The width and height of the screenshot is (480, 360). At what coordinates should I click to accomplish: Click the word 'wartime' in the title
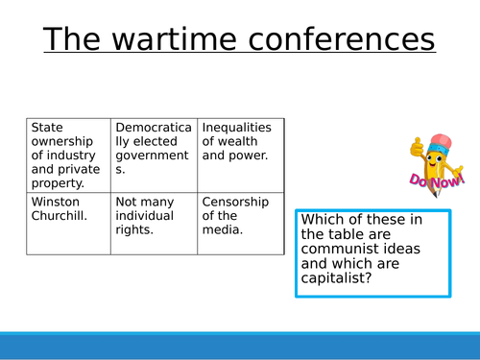[x=184, y=40]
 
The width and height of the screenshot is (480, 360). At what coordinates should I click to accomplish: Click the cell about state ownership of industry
[x=68, y=155]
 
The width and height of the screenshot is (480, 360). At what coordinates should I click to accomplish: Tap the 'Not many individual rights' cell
[x=154, y=223]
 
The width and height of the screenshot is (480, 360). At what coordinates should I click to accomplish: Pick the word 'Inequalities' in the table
[x=237, y=128]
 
